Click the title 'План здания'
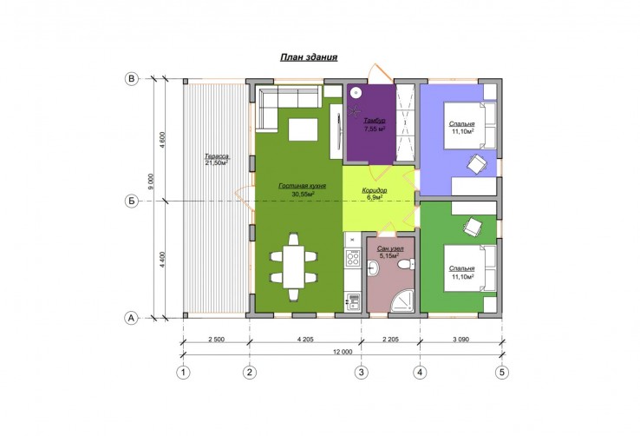pos(309,56)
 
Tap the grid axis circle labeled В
pos(132,79)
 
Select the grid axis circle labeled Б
pos(132,201)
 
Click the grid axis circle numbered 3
pos(362,373)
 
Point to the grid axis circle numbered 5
pos(502,373)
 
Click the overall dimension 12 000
pos(343,352)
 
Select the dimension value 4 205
pos(305,339)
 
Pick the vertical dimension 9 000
pos(151,182)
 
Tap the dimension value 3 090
pos(460,339)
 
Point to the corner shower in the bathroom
pos(402,301)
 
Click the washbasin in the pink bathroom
pos(373,269)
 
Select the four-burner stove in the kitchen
pos(353,258)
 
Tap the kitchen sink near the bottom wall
pos(353,301)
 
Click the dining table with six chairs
pos(294,267)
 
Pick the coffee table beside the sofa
pos(304,129)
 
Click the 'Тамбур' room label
pos(375,121)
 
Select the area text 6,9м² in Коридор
pos(375,197)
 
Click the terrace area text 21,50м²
pos(216,162)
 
